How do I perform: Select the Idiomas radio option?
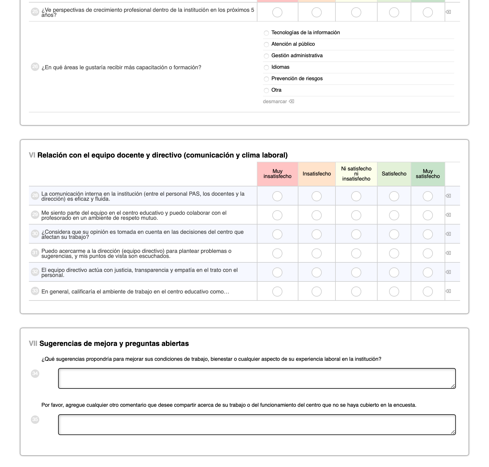point(266,68)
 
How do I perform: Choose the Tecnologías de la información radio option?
point(266,33)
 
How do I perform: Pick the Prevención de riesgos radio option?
point(266,79)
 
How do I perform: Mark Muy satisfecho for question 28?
point(428,196)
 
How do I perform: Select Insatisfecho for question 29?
point(317,215)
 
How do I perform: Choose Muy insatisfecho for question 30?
point(277,234)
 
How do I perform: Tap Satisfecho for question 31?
point(394,253)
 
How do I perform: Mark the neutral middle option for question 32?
point(356,272)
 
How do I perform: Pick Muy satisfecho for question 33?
point(428,292)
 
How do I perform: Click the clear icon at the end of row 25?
point(448,12)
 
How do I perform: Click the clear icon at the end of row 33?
point(448,291)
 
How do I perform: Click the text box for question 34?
point(257,378)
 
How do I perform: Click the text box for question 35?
point(257,425)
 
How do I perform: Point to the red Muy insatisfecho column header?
point(277,174)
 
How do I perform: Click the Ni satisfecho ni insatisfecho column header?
point(356,174)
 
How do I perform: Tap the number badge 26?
point(35,67)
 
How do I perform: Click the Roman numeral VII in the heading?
point(33,344)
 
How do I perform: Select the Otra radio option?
point(266,91)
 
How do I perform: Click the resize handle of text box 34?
point(453,386)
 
